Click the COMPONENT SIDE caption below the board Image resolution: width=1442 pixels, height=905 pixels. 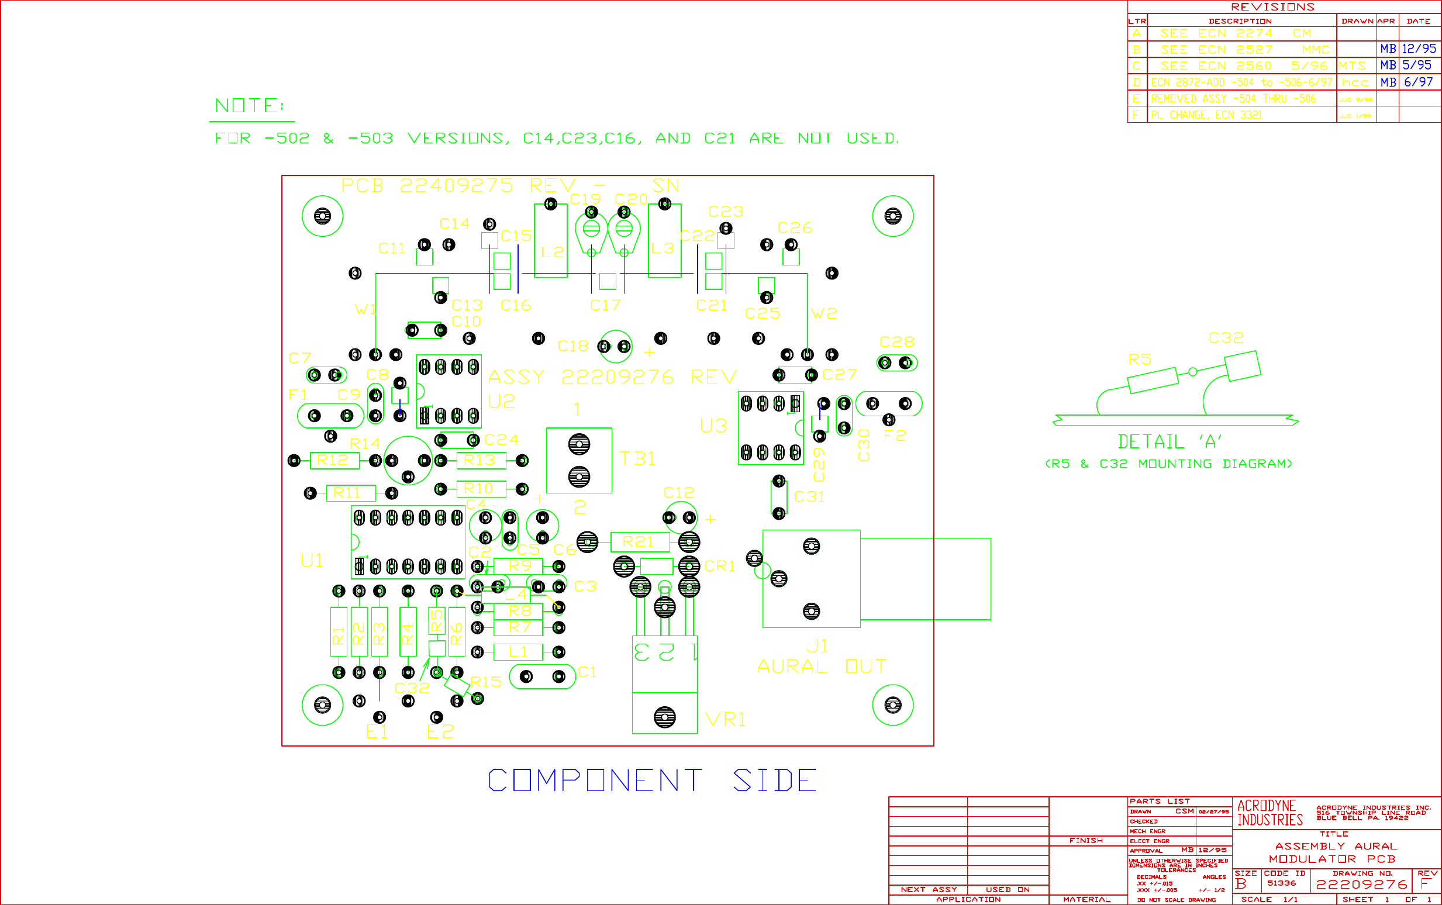point(652,780)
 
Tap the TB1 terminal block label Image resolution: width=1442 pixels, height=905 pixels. point(637,459)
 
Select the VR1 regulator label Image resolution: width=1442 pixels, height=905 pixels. point(726,720)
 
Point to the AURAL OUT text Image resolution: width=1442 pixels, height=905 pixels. point(821,666)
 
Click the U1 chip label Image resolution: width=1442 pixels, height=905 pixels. point(312,561)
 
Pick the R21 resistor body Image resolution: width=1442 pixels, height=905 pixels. point(639,542)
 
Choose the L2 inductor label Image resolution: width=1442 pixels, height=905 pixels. point(552,252)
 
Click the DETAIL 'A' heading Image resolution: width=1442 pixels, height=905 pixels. point(1170,442)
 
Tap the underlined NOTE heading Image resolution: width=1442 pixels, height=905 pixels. point(249,106)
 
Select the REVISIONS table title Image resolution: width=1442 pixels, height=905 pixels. point(1272,7)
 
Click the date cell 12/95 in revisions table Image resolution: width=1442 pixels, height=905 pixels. point(1419,49)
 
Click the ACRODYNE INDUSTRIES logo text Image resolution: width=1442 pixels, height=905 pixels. point(1269,813)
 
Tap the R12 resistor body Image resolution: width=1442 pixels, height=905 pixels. point(333,460)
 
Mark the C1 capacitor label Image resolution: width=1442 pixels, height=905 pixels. point(587,672)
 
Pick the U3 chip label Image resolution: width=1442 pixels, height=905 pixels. point(713,426)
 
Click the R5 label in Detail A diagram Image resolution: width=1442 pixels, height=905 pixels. point(1140,359)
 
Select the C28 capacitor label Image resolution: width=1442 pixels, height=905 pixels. point(896,342)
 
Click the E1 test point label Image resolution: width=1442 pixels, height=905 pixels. point(377,731)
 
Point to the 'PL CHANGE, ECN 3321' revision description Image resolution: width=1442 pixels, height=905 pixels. point(1206,115)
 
